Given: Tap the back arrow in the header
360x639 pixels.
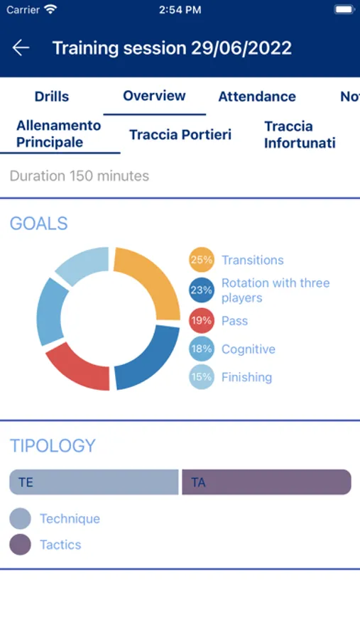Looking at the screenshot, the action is pyautogui.click(x=21, y=48).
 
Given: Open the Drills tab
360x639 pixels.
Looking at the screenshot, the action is pyautogui.click(x=52, y=97).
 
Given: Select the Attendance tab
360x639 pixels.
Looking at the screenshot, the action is pyautogui.click(x=257, y=97).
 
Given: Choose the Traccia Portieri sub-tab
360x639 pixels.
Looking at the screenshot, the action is pyautogui.click(x=180, y=134).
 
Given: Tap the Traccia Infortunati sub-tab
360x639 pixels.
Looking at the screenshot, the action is pyautogui.click(x=300, y=134).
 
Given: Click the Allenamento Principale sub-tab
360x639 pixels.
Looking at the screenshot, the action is pyautogui.click(x=59, y=133).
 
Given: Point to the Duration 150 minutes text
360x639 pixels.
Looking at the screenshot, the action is pyautogui.click(x=80, y=176).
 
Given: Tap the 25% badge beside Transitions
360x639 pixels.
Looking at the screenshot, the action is pyautogui.click(x=202, y=260).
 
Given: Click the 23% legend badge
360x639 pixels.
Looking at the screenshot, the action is pyautogui.click(x=202, y=290).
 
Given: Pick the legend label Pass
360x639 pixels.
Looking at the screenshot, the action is pyautogui.click(x=234, y=321).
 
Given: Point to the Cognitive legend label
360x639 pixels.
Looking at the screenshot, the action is pyautogui.click(x=249, y=349).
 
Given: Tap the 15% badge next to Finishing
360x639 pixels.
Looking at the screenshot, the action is pyautogui.click(x=202, y=377).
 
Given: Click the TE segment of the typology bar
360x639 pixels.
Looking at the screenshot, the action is pyautogui.click(x=94, y=482).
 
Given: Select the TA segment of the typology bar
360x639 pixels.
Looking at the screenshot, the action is pyautogui.click(x=267, y=482).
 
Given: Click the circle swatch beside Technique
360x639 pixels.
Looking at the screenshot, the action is pyautogui.click(x=20, y=518).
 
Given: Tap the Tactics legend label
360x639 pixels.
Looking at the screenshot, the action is pyautogui.click(x=60, y=545).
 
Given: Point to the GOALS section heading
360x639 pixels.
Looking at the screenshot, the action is pyautogui.click(x=39, y=224).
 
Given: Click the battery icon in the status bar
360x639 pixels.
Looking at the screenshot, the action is pyautogui.click(x=344, y=10).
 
